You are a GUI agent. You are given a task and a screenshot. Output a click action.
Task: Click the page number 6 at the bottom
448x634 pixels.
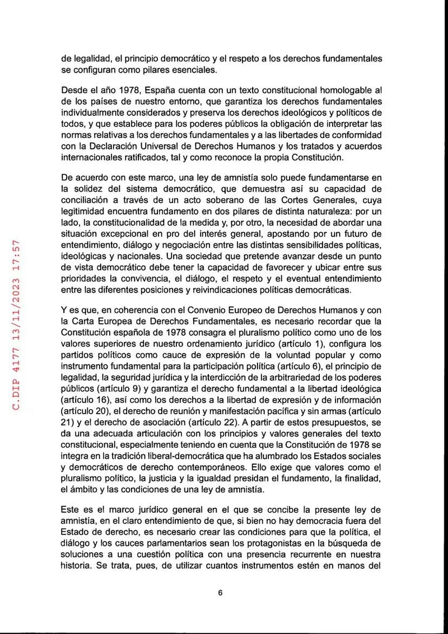point(221,594)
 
